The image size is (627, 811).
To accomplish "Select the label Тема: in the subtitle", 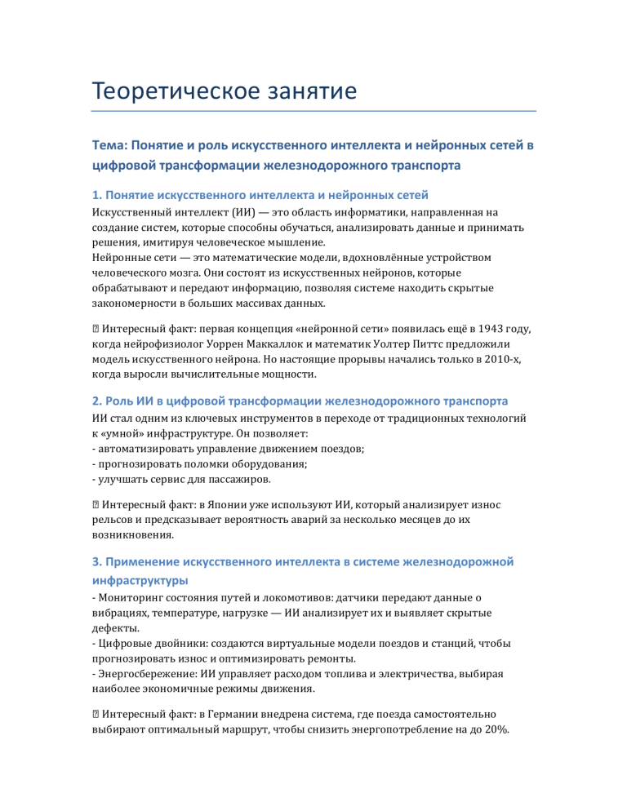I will pyautogui.click(x=111, y=145).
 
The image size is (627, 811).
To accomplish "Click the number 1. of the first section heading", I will pyautogui.click(x=97, y=195).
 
